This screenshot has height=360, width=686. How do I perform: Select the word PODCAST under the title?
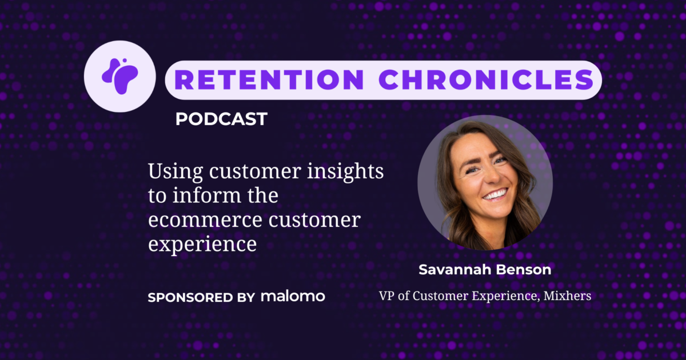221,119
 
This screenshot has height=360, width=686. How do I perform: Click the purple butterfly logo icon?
119,76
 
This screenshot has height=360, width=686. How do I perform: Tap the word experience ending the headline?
201,244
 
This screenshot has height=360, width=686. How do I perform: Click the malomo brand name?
293,297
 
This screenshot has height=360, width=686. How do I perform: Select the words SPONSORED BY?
201,298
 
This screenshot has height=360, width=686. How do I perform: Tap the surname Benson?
523,270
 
